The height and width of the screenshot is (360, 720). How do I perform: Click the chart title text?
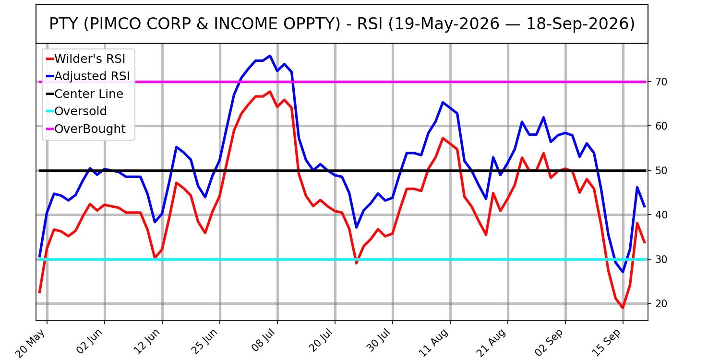pos(342,24)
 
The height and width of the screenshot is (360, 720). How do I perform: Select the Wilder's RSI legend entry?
pos(86,59)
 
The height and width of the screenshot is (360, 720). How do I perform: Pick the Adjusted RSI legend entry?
pos(88,76)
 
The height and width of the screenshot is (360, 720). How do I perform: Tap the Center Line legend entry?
pos(85,94)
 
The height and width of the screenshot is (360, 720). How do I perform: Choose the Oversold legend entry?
pos(76,111)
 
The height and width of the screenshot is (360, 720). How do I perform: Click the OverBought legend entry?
pos(86,129)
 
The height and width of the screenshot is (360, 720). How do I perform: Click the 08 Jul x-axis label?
pos(261,341)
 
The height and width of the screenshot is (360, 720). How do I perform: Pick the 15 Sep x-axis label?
pos(607,342)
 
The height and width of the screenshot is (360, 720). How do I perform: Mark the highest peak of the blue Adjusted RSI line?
pos(270,56)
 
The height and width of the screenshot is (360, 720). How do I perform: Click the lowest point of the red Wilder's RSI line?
pos(623,308)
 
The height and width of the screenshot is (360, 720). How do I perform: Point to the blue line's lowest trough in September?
pos(623,272)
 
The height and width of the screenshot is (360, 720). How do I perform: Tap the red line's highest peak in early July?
pos(270,92)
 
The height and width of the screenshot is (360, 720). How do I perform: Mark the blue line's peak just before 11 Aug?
pos(443,102)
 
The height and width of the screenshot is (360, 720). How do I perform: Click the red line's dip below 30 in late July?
pos(356,263)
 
